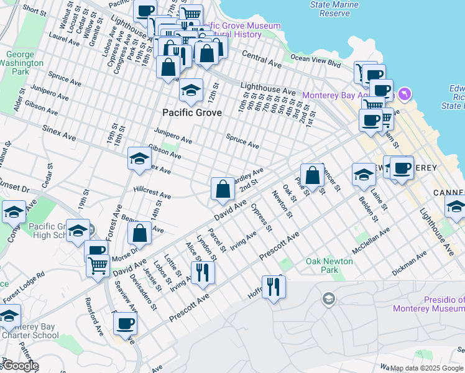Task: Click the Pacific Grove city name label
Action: tap(191, 113)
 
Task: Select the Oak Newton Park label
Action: tap(329, 265)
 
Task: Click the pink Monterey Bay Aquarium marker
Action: tap(405, 94)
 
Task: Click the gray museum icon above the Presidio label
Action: tap(328, 300)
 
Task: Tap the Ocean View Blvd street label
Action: tap(316, 63)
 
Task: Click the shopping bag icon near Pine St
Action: tap(313, 175)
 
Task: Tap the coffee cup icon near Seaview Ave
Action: tap(125, 323)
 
